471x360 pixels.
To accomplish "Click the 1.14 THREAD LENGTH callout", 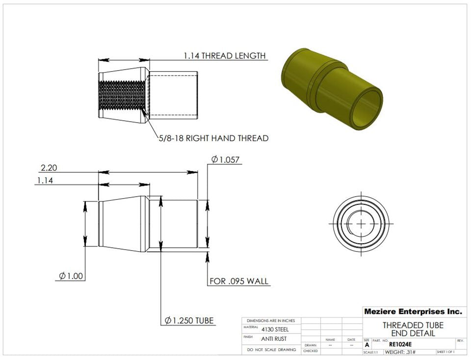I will tap(225, 56).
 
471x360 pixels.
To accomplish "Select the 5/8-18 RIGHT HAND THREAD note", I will tap(213, 138).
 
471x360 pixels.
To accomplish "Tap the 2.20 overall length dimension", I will tap(49, 168).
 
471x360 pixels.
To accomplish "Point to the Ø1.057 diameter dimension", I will tap(226, 159).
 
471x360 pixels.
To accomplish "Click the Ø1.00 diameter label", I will tap(71, 276).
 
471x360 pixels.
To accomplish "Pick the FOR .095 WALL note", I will tap(239, 281).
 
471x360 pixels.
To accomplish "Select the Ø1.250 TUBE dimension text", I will tap(189, 320).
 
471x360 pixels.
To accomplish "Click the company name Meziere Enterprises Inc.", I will tap(413, 311).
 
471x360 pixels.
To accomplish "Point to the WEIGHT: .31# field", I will tap(400, 352).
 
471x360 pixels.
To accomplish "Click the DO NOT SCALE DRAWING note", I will tap(271, 350).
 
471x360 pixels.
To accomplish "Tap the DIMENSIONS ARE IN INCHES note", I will tap(271, 320).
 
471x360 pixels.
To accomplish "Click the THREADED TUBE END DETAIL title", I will tap(413, 329).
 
